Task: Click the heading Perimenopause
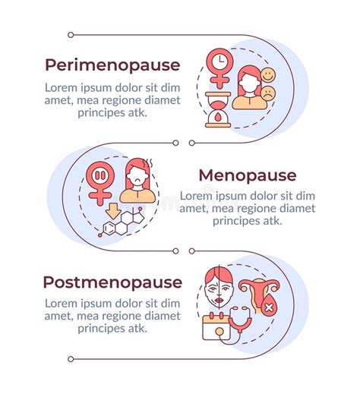(x=112, y=65)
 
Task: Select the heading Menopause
(x=248, y=175)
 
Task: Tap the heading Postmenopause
(x=112, y=283)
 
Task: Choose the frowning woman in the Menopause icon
(x=140, y=181)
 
